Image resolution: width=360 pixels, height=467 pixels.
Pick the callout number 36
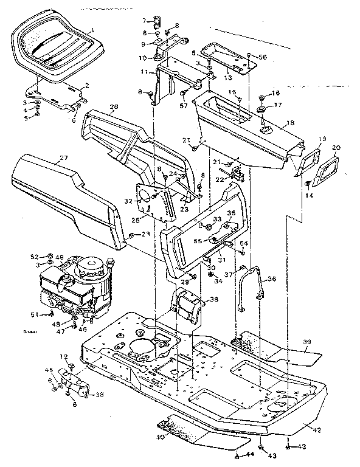click(x=271, y=279)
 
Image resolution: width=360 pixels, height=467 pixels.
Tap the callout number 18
click(x=291, y=123)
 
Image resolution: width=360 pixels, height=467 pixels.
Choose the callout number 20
click(x=337, y=147)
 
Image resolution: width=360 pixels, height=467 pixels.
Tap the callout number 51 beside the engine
click(x=35, y=314)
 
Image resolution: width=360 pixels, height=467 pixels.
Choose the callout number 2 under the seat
click(x=87, y=85)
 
